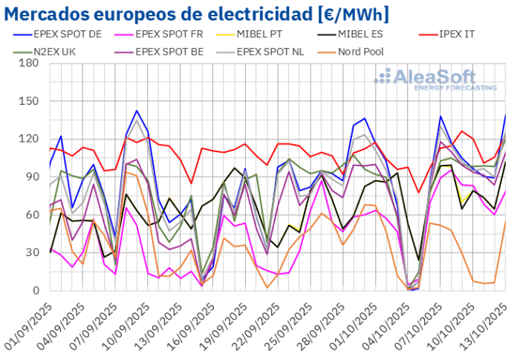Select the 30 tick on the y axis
click(x=31, y=252)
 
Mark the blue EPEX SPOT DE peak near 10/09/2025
click(x=137, y=111)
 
